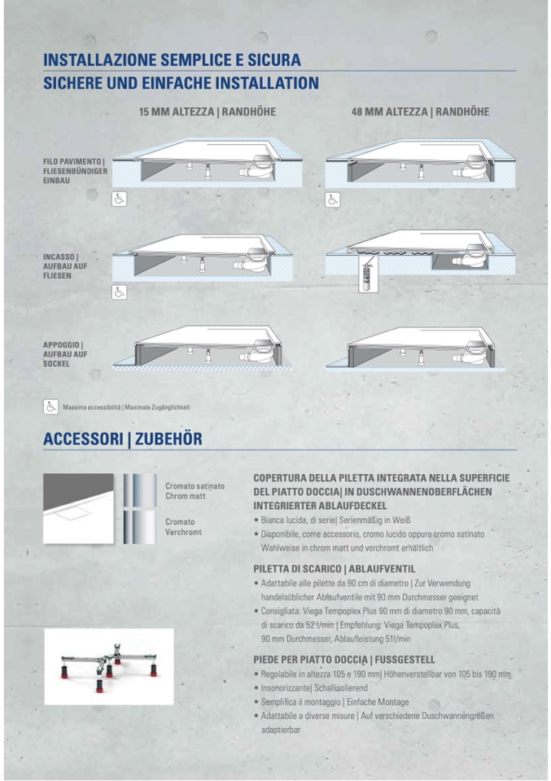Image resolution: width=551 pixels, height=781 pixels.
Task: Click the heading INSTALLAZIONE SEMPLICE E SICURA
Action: [x=172, y=60]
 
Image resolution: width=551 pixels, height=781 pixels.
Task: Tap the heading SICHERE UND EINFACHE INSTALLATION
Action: [x=181, y=83]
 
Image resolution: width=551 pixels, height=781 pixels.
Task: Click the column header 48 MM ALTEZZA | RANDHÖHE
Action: [x=420, y=112]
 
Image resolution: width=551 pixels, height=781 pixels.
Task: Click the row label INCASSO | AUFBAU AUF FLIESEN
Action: [x=66, y=266]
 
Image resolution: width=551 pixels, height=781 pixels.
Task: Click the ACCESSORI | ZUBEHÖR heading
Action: [x=122, y=440]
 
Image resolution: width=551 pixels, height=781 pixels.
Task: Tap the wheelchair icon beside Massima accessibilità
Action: [x=50, y=406]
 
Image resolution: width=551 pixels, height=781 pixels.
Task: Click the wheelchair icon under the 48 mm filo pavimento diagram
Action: [x=333, y=200]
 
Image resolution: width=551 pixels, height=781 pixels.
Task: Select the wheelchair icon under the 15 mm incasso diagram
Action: [x=119, y=291]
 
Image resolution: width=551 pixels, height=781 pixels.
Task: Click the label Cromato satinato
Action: [x=195, y=485]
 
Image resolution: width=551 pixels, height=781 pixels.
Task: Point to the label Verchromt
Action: [x=184, y=532]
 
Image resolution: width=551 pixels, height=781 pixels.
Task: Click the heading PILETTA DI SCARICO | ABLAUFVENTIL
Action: [x=334, y=568]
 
